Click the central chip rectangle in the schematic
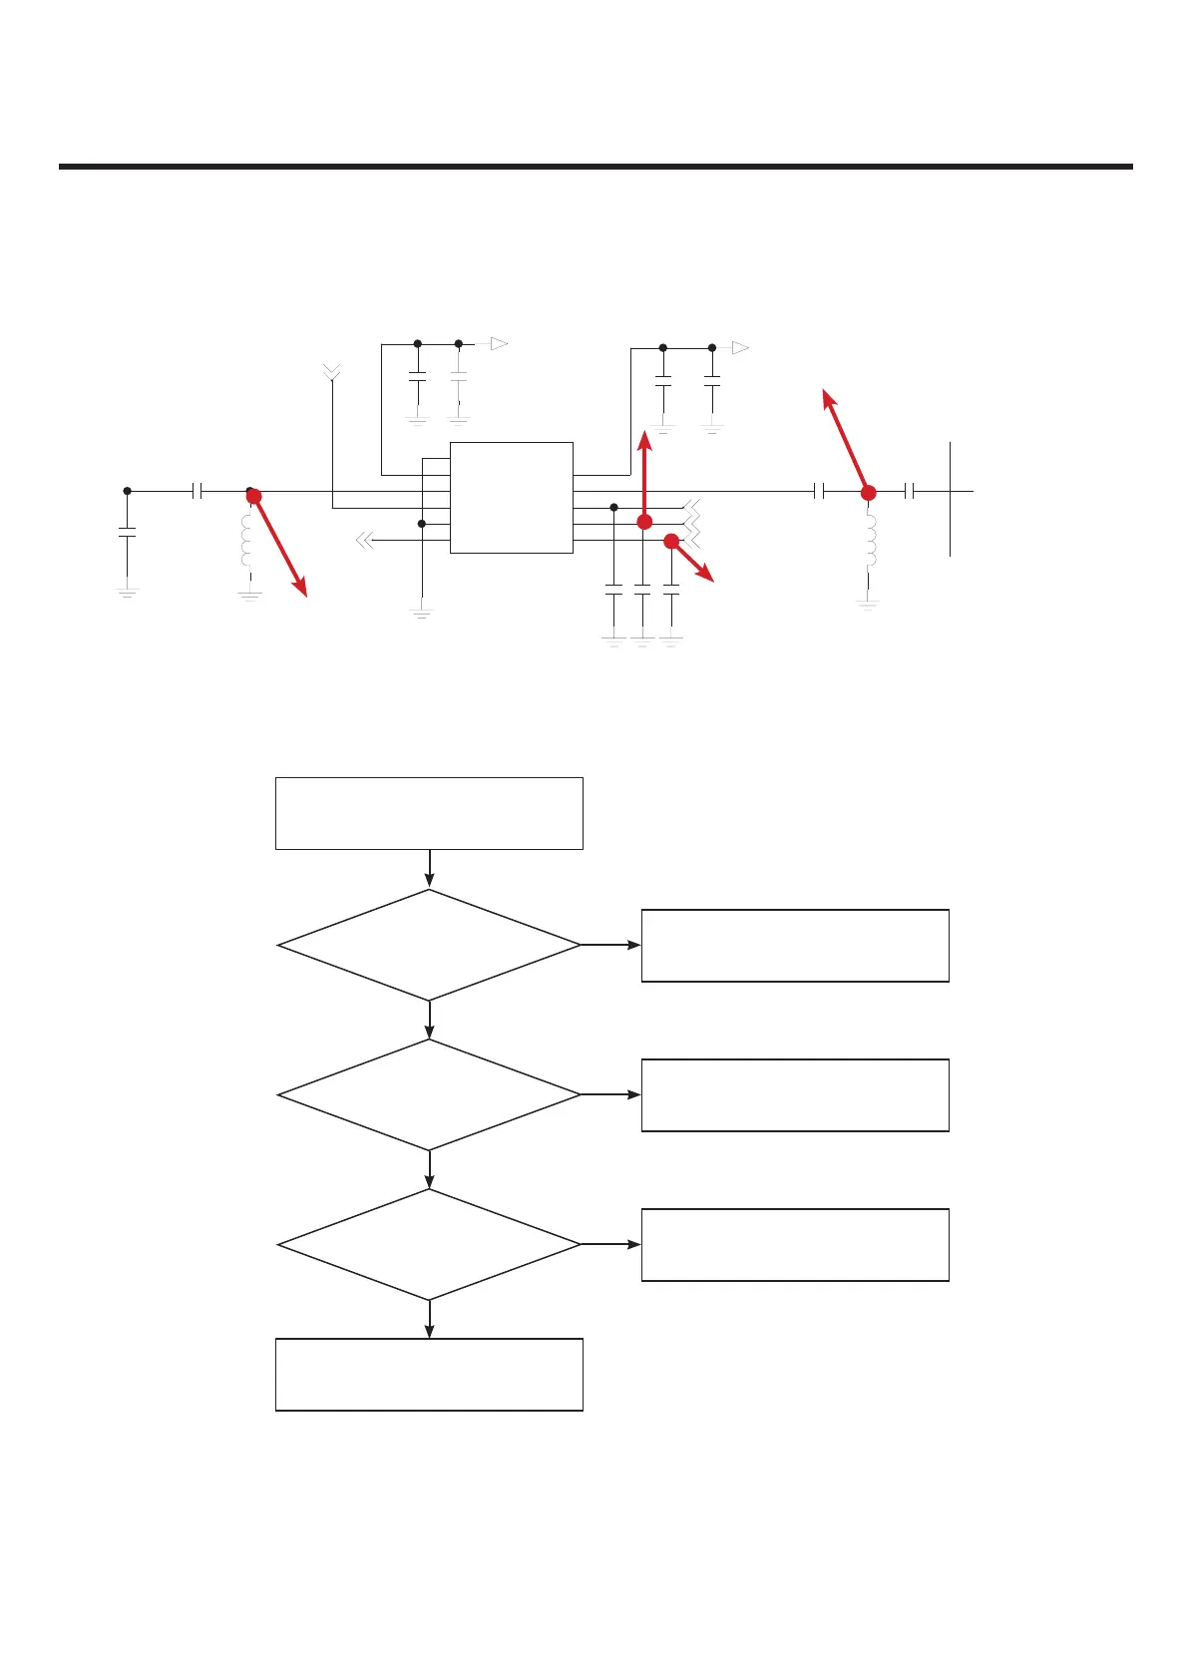[511, 497]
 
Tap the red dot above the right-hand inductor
[868, 493]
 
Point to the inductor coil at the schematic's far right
[870, 540]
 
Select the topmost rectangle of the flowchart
[429, 813]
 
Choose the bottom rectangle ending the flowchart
[429, 1374]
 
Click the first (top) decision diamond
[429, 945]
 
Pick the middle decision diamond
[429, 1094]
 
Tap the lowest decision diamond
[429, 1244]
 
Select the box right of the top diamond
[794, 945]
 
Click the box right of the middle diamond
[794, 1094]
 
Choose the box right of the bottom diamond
[794, 1244]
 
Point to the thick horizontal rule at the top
[595, 167]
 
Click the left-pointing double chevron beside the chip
[364, 541]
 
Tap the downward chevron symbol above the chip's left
[332, 373]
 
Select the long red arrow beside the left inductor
[280, 547]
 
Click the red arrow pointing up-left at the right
[845, 438]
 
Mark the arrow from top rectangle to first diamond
[429, 869]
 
